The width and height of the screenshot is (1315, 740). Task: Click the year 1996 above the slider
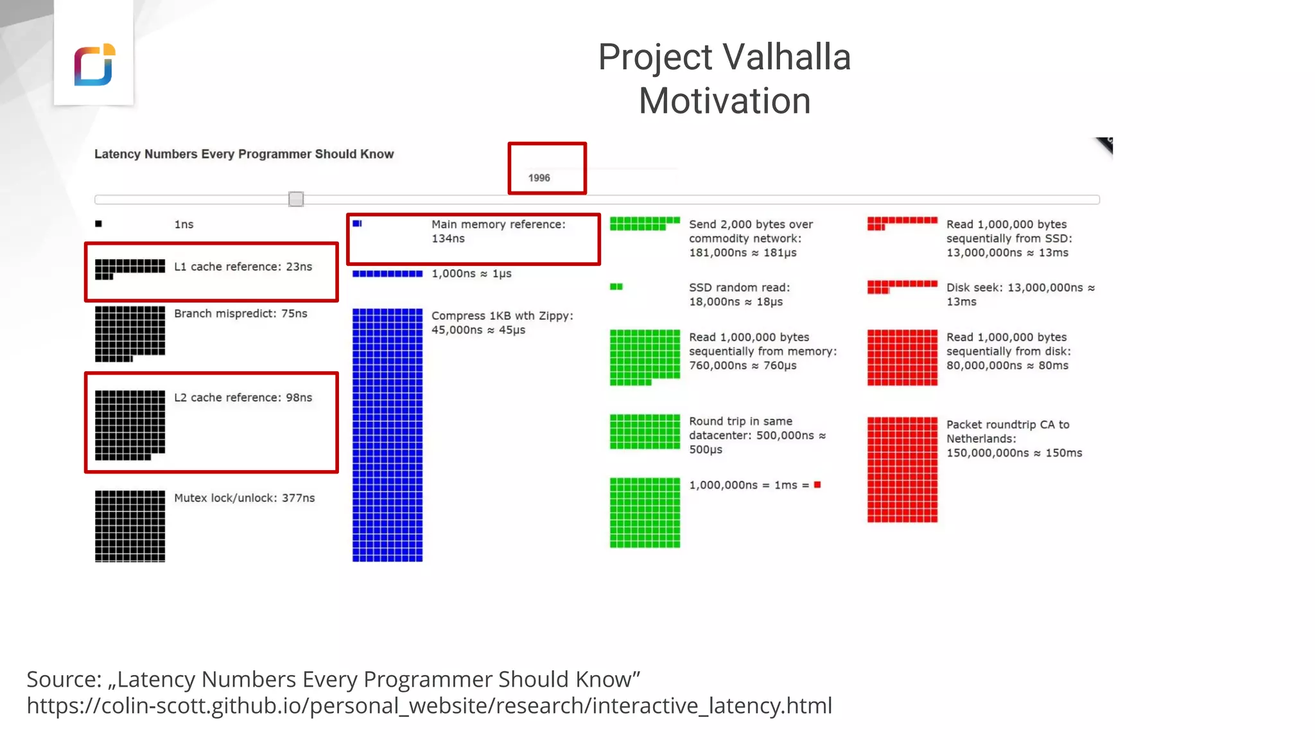(539, 178)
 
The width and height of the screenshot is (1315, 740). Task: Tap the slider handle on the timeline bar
(296, 199)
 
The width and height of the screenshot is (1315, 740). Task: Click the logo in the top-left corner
(94, 65)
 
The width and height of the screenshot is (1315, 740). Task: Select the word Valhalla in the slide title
(787, 57)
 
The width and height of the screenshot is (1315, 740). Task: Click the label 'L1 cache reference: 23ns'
(243, 267)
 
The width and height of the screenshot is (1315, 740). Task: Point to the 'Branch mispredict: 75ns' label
(240, 313)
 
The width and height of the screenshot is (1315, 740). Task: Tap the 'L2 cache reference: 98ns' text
(243, 398)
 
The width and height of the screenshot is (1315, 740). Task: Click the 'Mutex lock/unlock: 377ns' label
(244, 498)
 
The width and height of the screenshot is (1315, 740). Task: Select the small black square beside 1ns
(98, 224)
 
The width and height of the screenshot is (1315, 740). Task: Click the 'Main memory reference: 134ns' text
(498, 231)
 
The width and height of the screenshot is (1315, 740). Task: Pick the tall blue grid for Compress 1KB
(387, 435)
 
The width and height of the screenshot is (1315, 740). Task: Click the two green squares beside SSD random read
(616, 286)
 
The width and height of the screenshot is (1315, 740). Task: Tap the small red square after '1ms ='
(817, 485)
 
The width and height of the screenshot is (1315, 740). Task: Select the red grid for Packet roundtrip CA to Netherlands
(902, 470)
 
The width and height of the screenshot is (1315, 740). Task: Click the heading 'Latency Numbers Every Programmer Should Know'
(244, 154)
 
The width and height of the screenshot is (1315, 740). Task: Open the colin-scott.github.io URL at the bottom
(429, 706)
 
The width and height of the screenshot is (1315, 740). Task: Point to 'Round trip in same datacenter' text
(756, 435)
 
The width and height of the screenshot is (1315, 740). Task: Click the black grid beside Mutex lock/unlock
(130, 526)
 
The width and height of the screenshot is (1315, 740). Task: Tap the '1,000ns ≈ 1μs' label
(471, 274)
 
